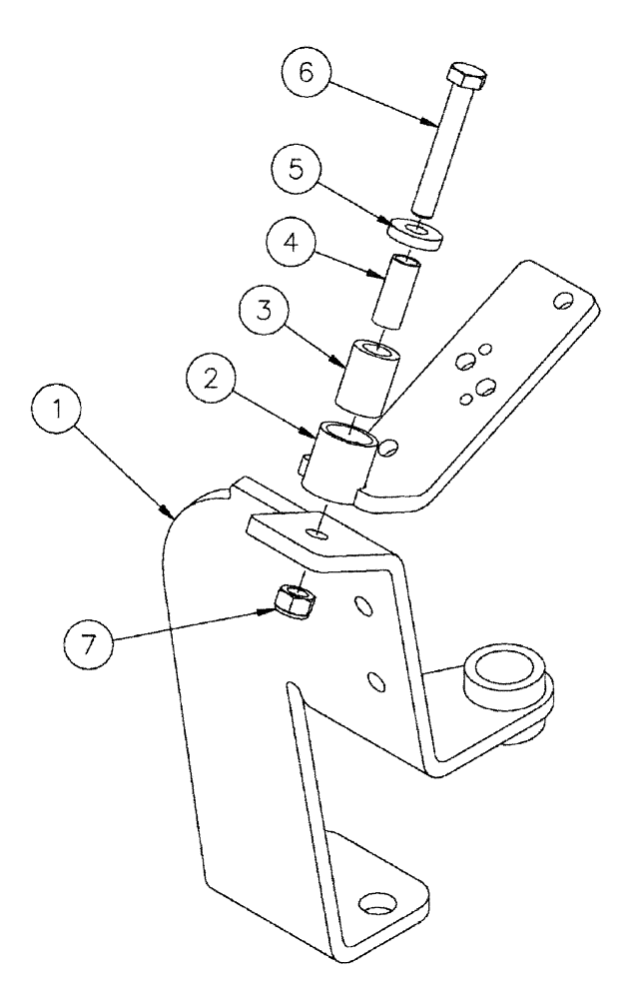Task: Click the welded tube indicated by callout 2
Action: pos(344,460)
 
